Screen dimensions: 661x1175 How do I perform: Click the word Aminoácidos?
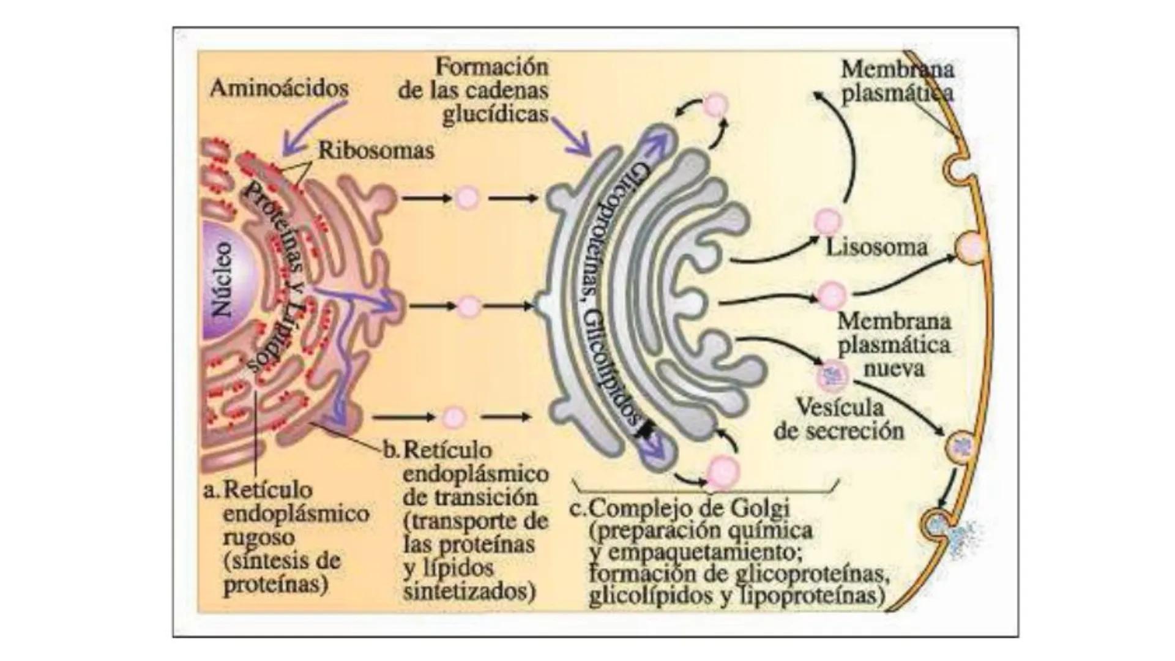click(x=279, y=89)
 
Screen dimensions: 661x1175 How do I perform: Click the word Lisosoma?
click(x=876, y=248)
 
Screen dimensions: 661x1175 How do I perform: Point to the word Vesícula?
click(x=840, y=407)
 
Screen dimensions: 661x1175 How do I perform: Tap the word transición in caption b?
click(x=470, y=497)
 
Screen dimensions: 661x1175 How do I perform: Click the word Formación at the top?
click(x=492, y=66)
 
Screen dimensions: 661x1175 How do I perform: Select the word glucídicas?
click(x=495, y=114)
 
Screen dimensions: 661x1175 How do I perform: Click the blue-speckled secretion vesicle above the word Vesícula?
click(x=833, y=375)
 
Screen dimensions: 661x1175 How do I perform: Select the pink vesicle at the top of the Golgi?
click(x=715, y=105)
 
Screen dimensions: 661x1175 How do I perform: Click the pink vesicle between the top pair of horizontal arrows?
click(x=468, y=198)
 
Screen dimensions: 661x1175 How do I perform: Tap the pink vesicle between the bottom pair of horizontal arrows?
click(x=453, y=417)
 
